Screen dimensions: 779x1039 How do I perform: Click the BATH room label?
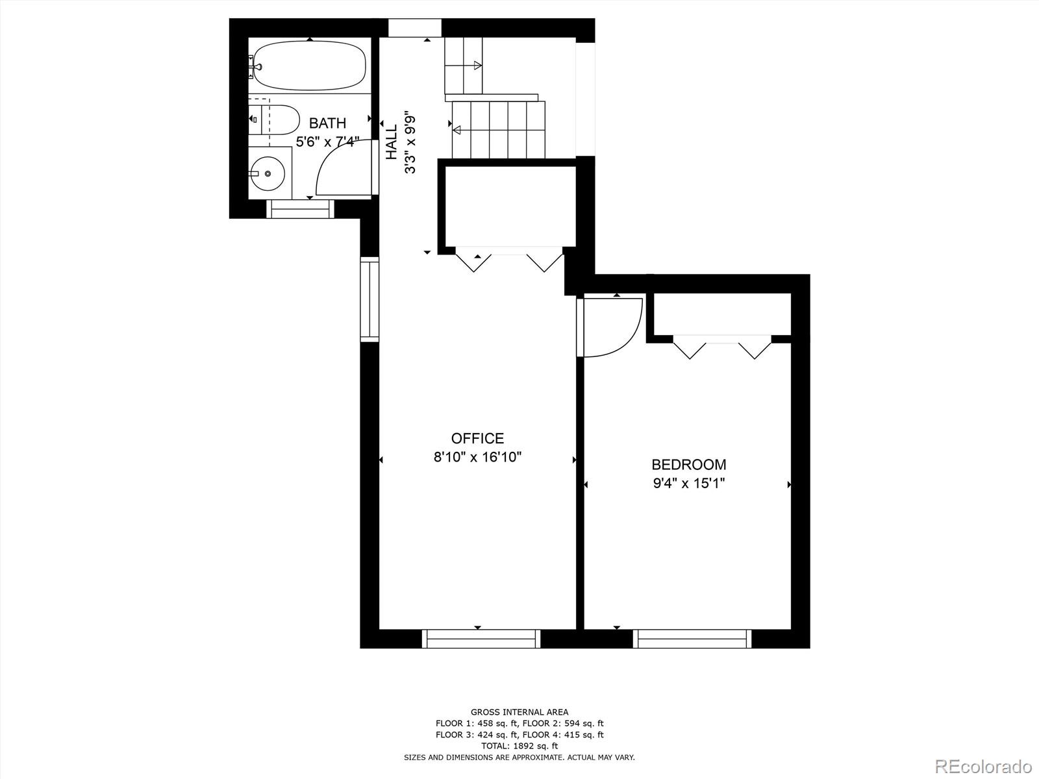tap(327, 123)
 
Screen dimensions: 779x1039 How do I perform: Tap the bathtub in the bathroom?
tap(310, 66)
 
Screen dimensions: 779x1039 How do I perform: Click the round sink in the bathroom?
tap(268, 174)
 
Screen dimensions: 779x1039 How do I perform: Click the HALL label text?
tap(392, 142)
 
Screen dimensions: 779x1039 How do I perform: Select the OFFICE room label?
tap(477, 438)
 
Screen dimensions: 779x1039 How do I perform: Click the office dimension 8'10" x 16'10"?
tap(477, 457)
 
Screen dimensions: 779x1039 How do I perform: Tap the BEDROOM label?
tap(688, 465)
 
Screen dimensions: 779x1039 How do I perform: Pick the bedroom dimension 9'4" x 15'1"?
tap(688, 484)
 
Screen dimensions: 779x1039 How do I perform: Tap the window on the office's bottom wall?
tap(481, 639)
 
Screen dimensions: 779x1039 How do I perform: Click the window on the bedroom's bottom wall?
tap(692, 639)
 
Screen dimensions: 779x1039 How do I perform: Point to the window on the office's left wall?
tap(369, 299)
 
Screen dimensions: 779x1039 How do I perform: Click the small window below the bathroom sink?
tap(300, 209)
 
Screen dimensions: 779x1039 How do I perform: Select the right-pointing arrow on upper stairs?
tap(478, 65)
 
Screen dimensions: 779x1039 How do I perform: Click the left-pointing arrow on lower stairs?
tap(457, 130)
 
